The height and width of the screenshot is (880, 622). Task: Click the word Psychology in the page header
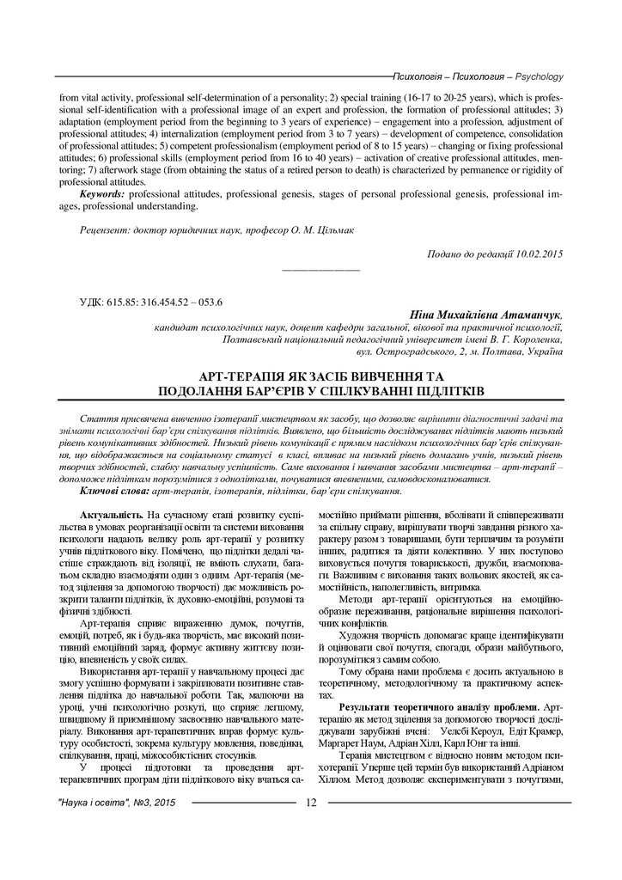tap(538, 76)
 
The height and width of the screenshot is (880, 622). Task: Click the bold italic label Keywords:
tap(102, 194)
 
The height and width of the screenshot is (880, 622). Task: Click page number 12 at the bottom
tap(310, 803)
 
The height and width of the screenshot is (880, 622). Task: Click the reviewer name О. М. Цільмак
tap(320, 229)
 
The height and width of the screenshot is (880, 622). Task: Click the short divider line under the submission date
tap(320, 271)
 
